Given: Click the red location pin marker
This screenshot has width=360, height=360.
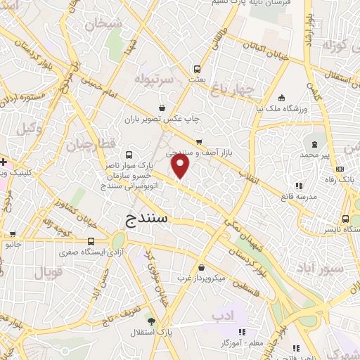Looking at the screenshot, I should click(181, 167).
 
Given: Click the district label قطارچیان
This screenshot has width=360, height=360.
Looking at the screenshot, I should click(89, 146).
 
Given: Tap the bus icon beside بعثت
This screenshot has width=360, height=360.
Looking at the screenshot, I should click(198, 69).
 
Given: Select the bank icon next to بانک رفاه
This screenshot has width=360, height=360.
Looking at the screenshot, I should click(340, 169).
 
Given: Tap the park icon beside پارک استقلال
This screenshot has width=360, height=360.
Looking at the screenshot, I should click(151, 321).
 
